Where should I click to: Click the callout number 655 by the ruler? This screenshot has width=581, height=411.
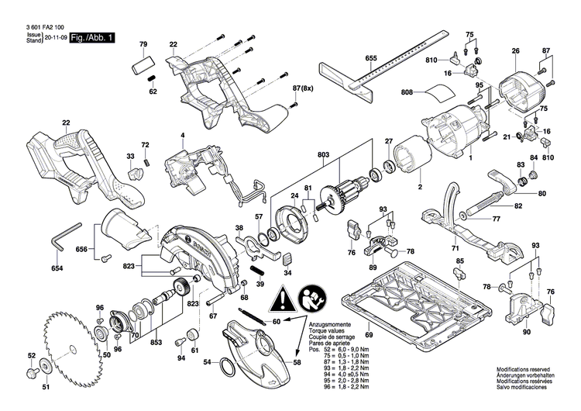coord(371,60)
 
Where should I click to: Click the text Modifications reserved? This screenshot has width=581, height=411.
coord(528,373)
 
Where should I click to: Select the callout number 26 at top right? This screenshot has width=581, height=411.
coord(514,52)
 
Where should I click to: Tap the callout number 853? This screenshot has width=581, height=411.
coord(156,343)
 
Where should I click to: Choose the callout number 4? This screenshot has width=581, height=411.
coord(183,136)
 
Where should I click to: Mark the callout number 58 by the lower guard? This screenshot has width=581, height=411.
coord(297,362)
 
